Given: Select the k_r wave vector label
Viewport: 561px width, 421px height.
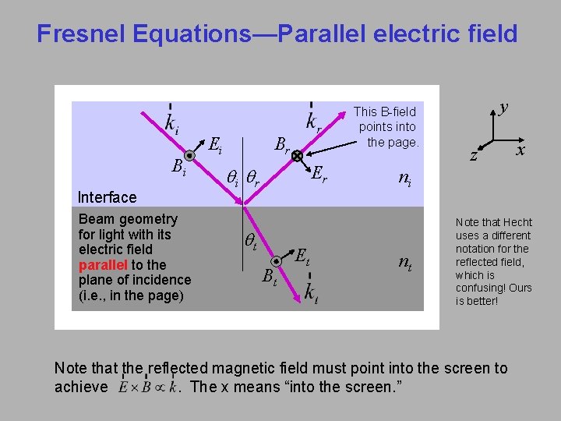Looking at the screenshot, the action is [314, 122].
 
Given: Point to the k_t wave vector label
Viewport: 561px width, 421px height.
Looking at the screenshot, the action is [311, 294].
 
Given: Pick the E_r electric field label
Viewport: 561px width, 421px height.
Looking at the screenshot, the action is [319, 172].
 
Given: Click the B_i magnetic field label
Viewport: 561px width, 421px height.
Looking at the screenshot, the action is [178, 167].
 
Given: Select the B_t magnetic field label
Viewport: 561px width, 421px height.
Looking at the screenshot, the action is [269, 277].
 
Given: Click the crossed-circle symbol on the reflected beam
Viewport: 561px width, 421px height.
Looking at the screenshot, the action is [298, 157].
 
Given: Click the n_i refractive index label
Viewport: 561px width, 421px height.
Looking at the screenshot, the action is [405, 179].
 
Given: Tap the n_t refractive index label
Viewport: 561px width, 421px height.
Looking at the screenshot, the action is [405, 263].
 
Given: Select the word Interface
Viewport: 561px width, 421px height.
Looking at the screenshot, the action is [108, 197].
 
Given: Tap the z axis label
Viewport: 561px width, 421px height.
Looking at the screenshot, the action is [474, 155].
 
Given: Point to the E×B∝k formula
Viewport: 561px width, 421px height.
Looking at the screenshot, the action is [146, 386].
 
